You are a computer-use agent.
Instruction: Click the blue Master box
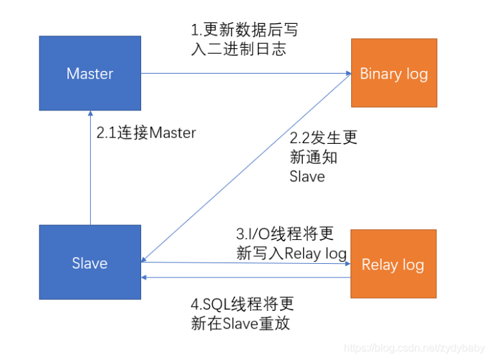pos(90,73)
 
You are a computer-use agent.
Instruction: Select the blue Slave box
pos(90,262)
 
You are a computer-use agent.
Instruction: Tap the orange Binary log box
pos(394,73)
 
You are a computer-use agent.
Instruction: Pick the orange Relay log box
pos(393,264)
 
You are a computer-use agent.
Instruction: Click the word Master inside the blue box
pos(90,74)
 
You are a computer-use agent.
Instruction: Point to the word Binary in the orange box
pos(381,74)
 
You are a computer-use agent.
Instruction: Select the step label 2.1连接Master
pos(146,133)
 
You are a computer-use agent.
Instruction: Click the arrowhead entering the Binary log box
pos(348,73)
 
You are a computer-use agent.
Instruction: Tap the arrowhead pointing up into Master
pos(91,113)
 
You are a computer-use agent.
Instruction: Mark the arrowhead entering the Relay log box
pos(348,264)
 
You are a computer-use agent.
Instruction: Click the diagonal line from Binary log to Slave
pos(246,168)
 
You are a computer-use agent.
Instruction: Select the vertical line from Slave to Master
pos(91,168)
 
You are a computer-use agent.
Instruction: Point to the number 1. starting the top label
pos(196,30)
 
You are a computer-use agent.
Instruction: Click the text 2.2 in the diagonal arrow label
pos(299,138)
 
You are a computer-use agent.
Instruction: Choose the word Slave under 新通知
pos(307,177)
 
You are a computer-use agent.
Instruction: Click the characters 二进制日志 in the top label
pos(247,49)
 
